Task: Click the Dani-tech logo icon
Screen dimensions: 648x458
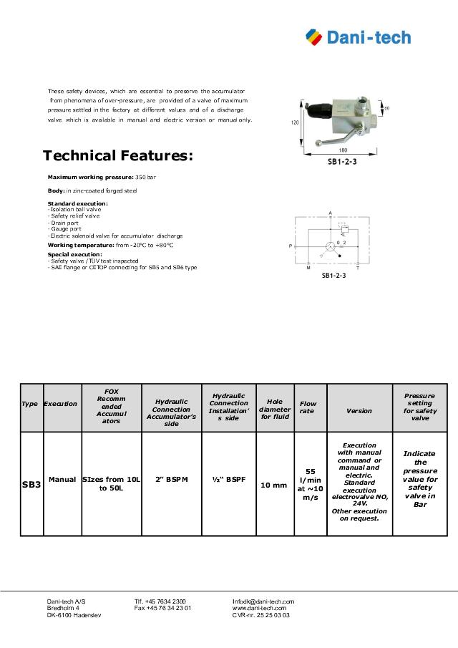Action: point(313,37)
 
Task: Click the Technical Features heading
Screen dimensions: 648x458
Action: point(118,155)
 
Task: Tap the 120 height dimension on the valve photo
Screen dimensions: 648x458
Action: point(295,122)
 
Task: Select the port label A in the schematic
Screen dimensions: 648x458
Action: point(330,213)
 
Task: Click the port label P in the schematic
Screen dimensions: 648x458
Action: point(291,246)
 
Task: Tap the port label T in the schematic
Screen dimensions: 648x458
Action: point(358,267)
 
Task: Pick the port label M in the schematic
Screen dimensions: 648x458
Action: point(308,267)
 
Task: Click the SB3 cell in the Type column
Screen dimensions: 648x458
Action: point(30,485)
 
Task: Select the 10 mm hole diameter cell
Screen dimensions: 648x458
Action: point(274,485)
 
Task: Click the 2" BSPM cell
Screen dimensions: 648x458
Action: point(172,479)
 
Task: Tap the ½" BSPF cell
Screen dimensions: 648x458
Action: point(229,479)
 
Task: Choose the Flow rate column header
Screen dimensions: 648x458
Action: point(308,407)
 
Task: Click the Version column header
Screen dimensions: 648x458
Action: point(359,411)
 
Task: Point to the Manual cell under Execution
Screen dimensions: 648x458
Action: point(62,479)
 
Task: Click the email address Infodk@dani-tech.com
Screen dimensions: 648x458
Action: point(263,601)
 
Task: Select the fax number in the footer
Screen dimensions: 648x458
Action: point(162,608)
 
